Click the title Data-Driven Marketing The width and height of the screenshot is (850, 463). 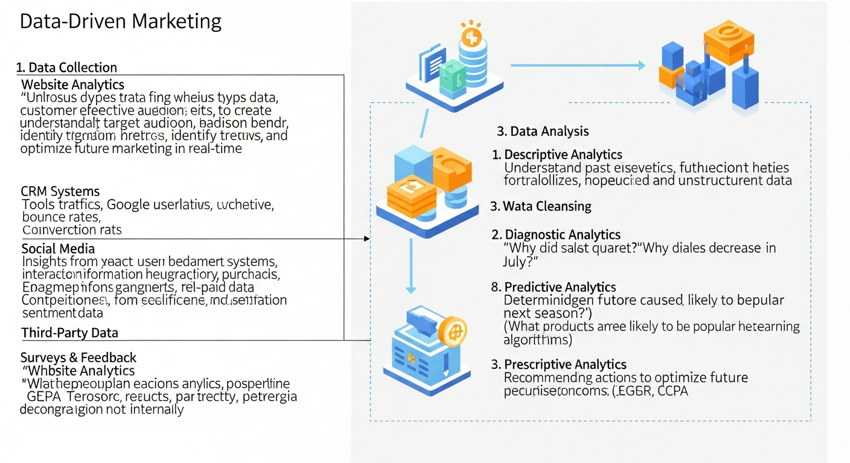121,22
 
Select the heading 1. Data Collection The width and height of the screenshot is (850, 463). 67,68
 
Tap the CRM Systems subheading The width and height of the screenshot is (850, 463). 60,192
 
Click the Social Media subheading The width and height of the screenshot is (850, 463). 58,248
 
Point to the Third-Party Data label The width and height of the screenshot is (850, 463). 69,333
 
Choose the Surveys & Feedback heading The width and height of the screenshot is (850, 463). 78,357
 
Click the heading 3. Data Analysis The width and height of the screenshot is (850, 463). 543,131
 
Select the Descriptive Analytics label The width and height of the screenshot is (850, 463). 563,155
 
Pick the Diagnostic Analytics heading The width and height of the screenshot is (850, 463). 562,235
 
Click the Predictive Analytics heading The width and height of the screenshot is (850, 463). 560,287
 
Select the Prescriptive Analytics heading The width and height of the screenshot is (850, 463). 565,364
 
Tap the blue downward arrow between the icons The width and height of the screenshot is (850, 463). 411,265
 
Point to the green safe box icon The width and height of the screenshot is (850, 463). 452,77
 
